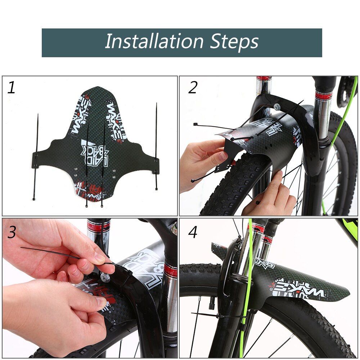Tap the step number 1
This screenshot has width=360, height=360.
point(12,87)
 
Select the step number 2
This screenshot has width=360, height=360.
point(193,87)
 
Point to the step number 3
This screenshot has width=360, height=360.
point(12,232)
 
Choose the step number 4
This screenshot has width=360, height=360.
point(193,232)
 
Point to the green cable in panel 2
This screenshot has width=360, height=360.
point(344,119)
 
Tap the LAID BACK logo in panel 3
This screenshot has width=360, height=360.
point(144,265)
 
